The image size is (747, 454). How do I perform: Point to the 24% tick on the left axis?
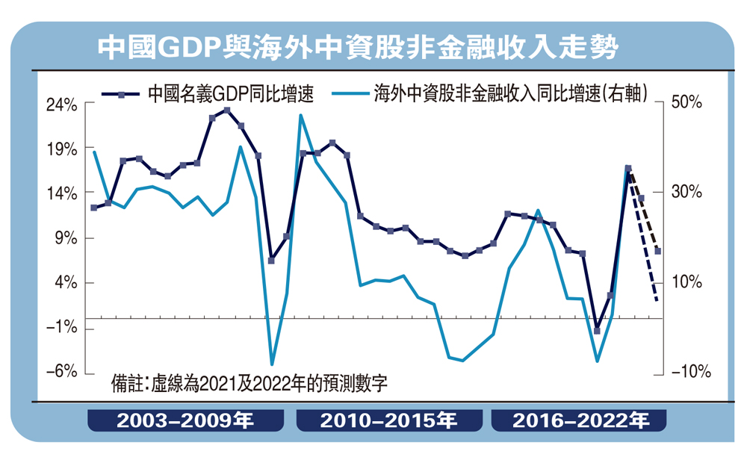click(62, 105)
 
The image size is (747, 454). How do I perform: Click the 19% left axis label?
click(62, 149)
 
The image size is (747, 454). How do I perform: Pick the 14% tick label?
click(62, 194)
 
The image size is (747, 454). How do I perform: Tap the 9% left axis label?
click(66, 239)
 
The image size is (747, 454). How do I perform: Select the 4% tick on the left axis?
click(66, 284)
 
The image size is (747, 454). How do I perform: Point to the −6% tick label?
click(62, 373)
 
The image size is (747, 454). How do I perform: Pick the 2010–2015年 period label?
click(388, 421)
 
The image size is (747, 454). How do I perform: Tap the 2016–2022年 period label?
click(580, 421)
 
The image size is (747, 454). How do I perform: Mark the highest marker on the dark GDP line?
click(227, 111)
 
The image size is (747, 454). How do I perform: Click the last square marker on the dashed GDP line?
click(657, 251)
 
